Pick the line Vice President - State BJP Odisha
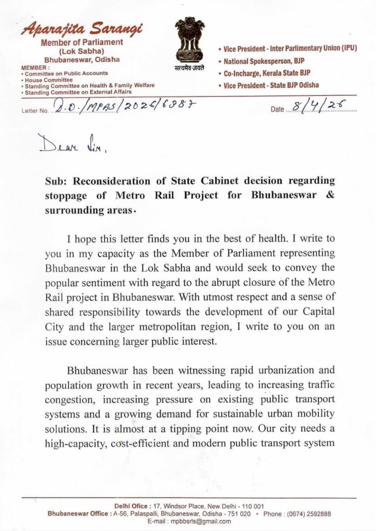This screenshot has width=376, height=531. point(271,85)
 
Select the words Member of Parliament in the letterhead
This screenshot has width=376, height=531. point(82,42)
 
